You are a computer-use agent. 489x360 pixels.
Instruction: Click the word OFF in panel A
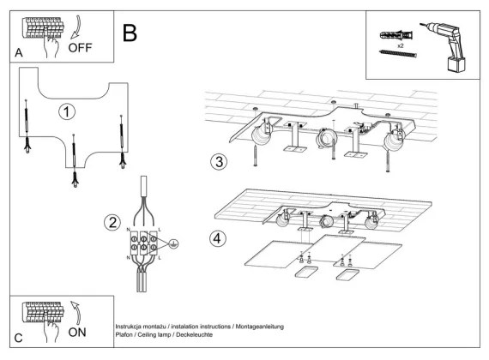(x=80, y=48)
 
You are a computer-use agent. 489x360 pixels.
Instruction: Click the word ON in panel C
(x=77, y=333)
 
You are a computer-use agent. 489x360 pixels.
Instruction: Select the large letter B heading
(x=130, y=33)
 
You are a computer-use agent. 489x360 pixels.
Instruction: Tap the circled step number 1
(x=67, y=112)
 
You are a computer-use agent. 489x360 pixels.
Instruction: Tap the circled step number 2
(x=112, y=223)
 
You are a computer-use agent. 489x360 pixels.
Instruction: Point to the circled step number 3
(x=219, y=162)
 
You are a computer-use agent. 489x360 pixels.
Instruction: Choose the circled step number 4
(x=217, y=238)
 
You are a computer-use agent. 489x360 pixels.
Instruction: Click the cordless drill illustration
(x=444, y=47)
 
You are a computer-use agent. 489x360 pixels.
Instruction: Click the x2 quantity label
(x=401, y=45)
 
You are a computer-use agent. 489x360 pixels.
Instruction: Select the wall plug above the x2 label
(x=396, y=35)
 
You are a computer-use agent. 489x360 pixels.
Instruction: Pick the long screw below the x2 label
(x=398, y=54)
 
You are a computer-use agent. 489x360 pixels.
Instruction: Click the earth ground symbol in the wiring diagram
(x=173, y=243)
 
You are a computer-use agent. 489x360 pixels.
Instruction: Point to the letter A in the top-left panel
(x=19, y=52)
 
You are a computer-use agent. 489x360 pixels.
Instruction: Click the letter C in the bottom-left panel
(x=18, y=338)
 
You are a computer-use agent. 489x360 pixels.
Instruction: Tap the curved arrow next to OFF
(x=75, y=27)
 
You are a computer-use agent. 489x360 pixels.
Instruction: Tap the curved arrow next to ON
(x=75, y=313)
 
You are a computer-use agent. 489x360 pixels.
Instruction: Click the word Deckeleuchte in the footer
(x=194, y=335)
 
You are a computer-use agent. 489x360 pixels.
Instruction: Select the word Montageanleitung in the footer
(x=259, y=327)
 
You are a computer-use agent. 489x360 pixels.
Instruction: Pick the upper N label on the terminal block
(x=128, y=230)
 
